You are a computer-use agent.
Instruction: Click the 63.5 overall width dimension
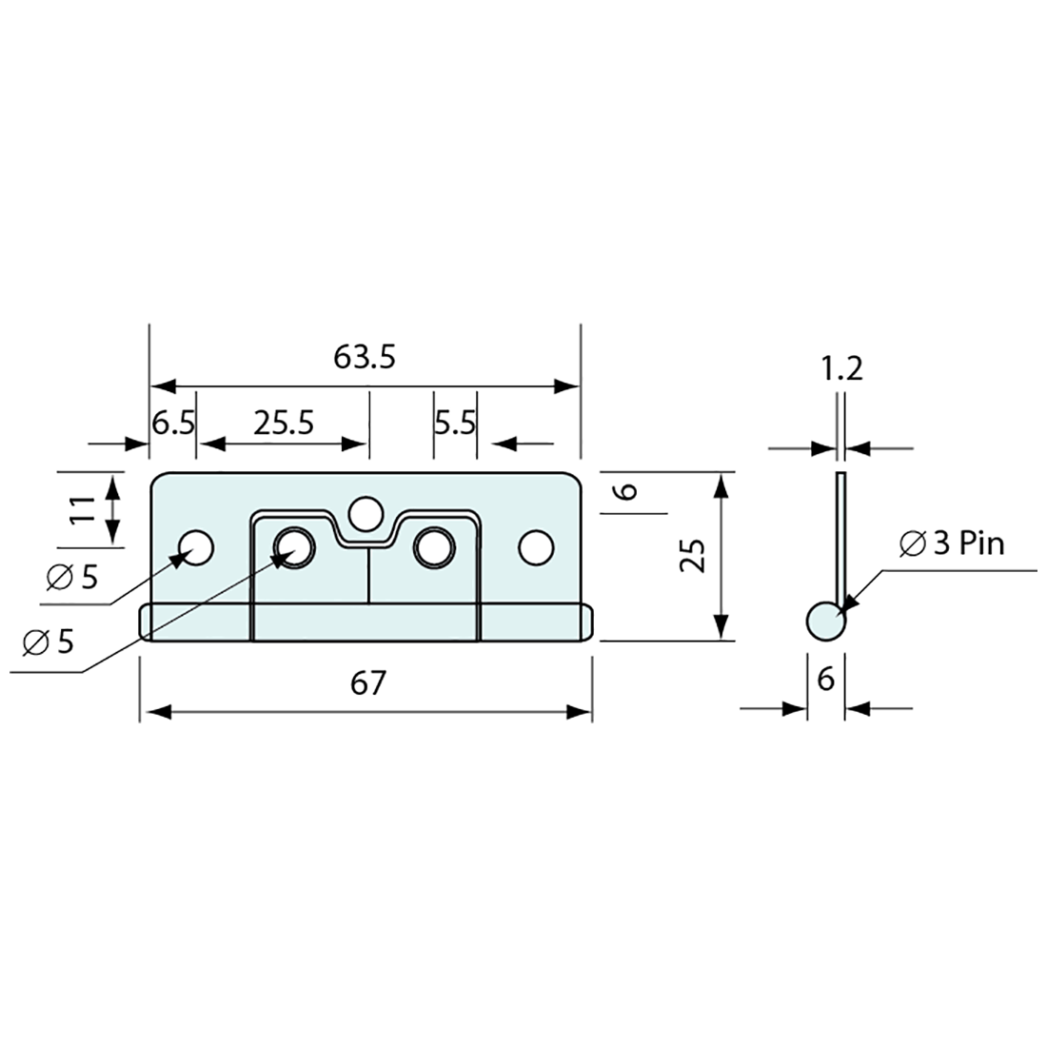coord(364,358)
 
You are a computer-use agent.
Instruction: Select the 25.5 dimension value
coord(284,423)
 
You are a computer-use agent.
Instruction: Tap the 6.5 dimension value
coord(173,423)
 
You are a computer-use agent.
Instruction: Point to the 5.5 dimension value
coord(455,423)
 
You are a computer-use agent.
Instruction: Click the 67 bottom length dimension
coord(367,683)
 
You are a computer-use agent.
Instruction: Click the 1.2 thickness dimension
coord(841,368)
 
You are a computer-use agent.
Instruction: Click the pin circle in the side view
coord(825,622)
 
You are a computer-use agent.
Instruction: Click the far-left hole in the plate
coord(198,547)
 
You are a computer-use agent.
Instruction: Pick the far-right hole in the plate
coord(536,547)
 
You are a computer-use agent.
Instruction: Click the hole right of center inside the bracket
coord(433,547)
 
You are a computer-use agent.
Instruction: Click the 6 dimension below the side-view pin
coord(825,680)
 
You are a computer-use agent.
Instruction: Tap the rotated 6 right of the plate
coord(626,491)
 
